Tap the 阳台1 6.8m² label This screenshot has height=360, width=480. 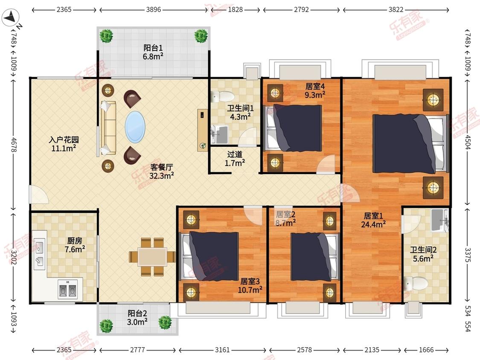(153, 52)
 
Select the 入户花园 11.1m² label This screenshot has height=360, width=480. (64, 144)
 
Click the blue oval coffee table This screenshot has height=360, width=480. (135, 127)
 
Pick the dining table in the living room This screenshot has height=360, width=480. (152, 256)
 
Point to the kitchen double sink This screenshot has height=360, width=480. (40, 255)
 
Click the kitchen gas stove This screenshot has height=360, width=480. (68, 289)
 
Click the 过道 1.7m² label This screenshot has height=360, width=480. (235, 159)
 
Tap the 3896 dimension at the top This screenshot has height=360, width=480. (153, 9)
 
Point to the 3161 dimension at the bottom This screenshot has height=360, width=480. (222, 350)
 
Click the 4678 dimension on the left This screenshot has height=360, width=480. (14, 144)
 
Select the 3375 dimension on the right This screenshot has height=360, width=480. (468, 255)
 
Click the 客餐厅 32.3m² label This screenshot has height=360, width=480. (162, 171)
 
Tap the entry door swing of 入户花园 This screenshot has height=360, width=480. (38, 194)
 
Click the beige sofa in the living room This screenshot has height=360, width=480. (108, 128)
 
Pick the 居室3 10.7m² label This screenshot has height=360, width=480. (250, 285)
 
